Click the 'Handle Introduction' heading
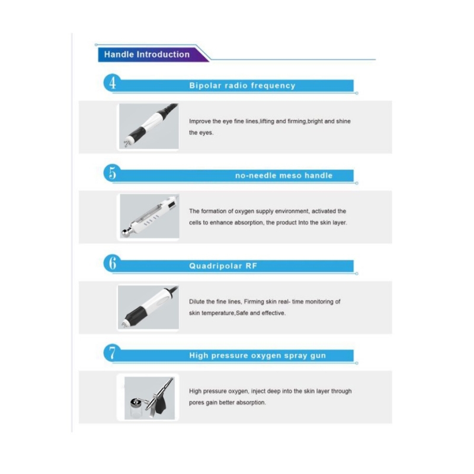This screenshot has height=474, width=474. tap(147, 55)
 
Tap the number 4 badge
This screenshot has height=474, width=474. tap(113, 82)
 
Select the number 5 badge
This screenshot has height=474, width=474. tap(113, 173)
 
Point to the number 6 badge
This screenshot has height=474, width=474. tap(113, 263)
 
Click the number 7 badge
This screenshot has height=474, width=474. tap(113, 353)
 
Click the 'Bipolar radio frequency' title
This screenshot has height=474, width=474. tap(242, 85)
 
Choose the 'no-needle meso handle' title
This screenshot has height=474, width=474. tap(284, 175)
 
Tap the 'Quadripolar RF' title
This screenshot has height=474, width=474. tap(223, 266)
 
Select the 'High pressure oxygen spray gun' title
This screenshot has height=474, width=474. tap(258, 355)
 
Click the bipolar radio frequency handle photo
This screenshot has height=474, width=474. tap(149, 126)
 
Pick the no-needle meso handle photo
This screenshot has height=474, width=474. tap(149, 216)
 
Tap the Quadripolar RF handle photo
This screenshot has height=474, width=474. tap(148, 307)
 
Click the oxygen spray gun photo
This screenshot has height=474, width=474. tap(149, 398)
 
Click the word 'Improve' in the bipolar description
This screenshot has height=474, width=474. tap(200, 121)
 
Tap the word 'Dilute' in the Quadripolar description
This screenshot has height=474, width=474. tap(197, 302)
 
